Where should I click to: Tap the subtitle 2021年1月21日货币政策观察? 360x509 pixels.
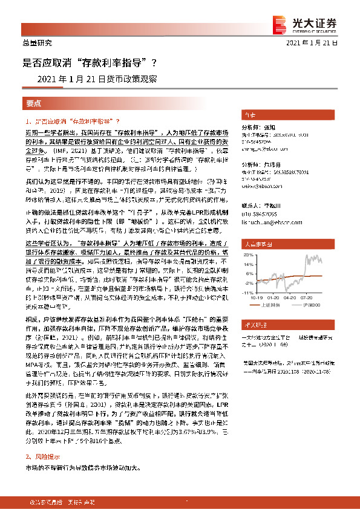coord(97,79)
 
